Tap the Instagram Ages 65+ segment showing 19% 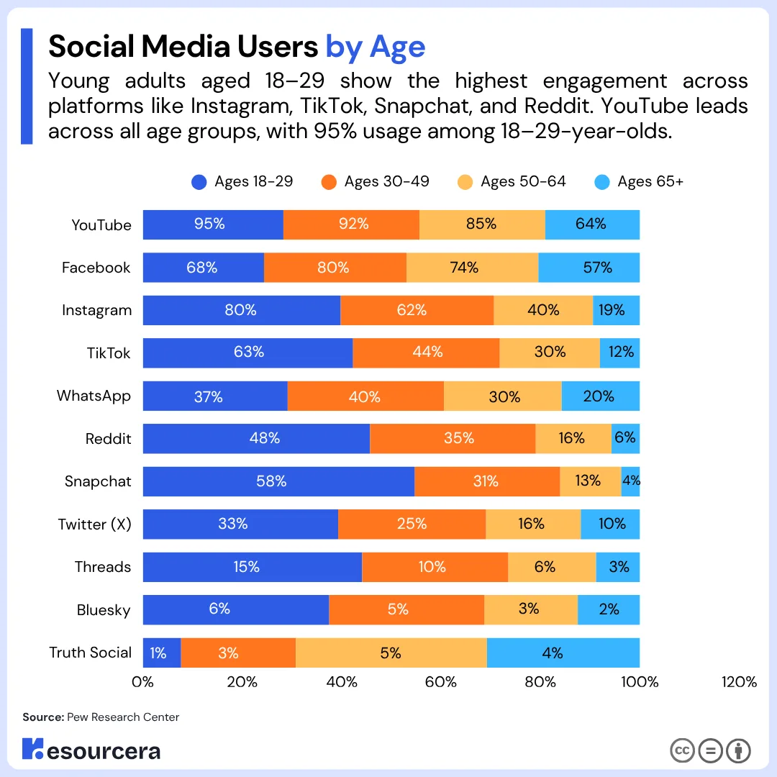[x=616, y=310]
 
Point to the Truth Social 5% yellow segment [x=391, y=653]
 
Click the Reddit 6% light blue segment [x=625, y=438]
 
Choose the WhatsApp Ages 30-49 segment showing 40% [x=365, y=396]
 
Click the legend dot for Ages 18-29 [x=199, y=182]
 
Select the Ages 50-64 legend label [x=523, y=182]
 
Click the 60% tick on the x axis [x=441, y=682]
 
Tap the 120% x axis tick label [x=739, y=682]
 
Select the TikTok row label [x=109, y=353]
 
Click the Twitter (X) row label [x=95, y=524]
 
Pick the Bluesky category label [x=104, y=610]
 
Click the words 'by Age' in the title [x=376, y=47]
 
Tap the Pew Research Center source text [x=123, y=717]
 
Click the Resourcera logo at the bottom [x=91, y=750]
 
